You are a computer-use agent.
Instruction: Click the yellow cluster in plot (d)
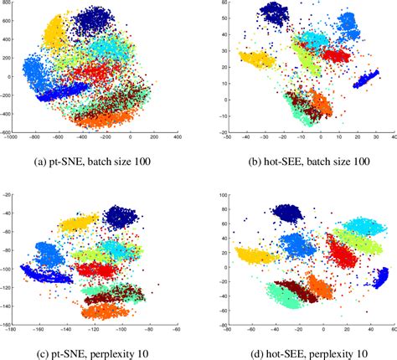pos(255,255)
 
